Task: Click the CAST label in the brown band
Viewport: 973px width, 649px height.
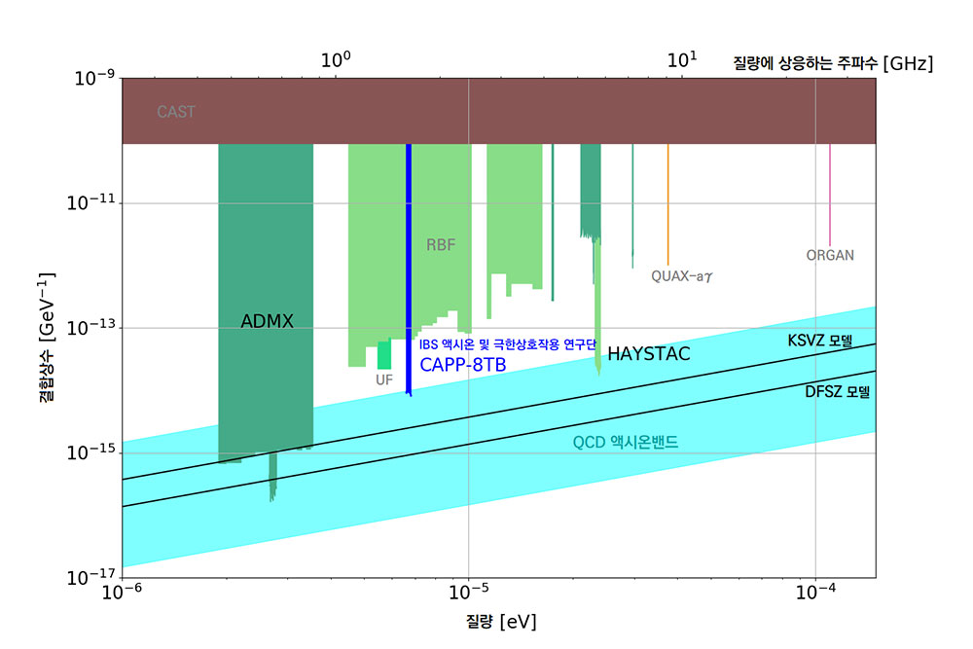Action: pyautogui.click(x=176, y=112)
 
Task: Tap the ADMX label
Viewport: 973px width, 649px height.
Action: pyautogui.click(x=267, y=321)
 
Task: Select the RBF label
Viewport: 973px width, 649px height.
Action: pyautogui.click(x=441, y=245)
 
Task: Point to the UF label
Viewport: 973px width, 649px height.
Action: pyautogui.click(x=384, y=379)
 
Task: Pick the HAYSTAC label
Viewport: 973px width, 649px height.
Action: pyautogui.click(x=648, y=354)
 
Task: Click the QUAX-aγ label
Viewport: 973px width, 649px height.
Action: pyautogui.click(x=689, y=275)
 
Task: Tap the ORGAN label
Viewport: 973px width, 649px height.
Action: pyautogui.click(x=830, y=256)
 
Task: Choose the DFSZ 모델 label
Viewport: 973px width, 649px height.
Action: pyautogui.click(x=837, y=393)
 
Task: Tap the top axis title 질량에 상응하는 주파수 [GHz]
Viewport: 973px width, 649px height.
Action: pyautogui.click(x=832, y=64)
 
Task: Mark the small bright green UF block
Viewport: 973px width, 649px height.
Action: pyautogui.click(x=384, y=355)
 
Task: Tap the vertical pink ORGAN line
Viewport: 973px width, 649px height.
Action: pyautogui.click(x=830, y=195)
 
